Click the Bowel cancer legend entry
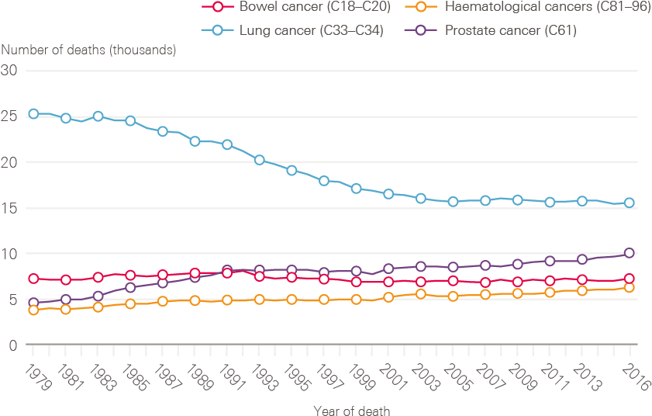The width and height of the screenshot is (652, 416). (295, 7)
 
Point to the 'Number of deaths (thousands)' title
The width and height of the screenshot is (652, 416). (88, 50)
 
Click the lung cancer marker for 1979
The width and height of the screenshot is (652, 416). (33, 114)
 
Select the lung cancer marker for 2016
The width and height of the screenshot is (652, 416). (630, 203)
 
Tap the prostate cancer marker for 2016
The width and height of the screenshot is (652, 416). (630, 253)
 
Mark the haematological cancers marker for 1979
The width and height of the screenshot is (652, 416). (33, 310)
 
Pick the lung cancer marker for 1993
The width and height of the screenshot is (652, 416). (260, 160)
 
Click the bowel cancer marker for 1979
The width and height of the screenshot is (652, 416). (33, 279)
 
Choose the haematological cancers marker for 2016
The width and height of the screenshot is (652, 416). (630, 288)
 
